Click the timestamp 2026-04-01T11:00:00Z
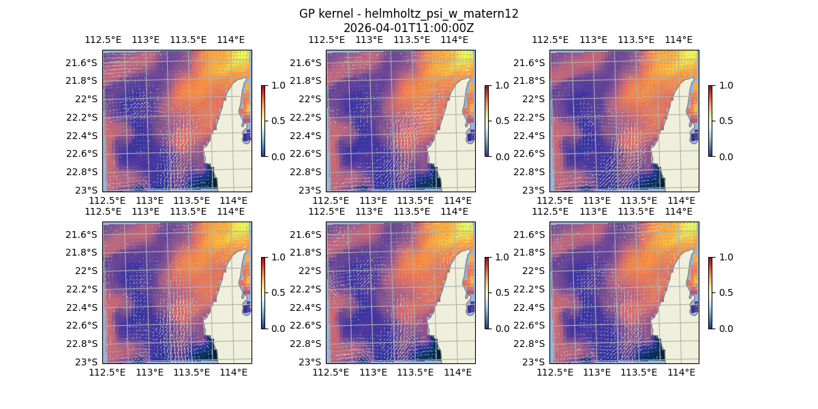click(x=408, y=28)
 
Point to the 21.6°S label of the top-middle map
click(x=305, y=63)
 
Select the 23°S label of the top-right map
click(x=536, y=190)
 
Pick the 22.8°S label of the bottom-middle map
click(x=306, y=344)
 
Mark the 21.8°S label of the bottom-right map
click(x=530, y=253)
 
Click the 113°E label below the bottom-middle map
click(x=374, y=372)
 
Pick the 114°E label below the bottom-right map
click(x=682, y=372)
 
